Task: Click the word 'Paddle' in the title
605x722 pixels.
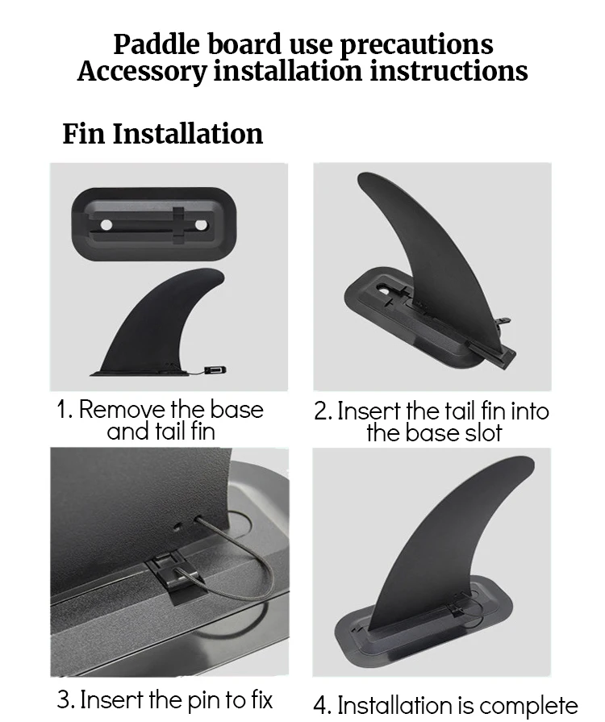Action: point(157,44)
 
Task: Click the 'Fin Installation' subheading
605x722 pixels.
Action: point(162,134)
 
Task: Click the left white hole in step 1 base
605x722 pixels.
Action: point(106,225)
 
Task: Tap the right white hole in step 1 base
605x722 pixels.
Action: point(201,225)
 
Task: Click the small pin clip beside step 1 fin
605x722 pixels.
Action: point(215,369)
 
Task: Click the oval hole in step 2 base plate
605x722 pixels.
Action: point(383,290)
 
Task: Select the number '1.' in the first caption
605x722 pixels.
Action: point(65,409)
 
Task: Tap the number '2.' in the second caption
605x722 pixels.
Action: point(323,411)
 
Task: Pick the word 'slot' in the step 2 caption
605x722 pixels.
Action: point(483,433)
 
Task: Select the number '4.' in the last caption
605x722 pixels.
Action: point(323,705)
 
